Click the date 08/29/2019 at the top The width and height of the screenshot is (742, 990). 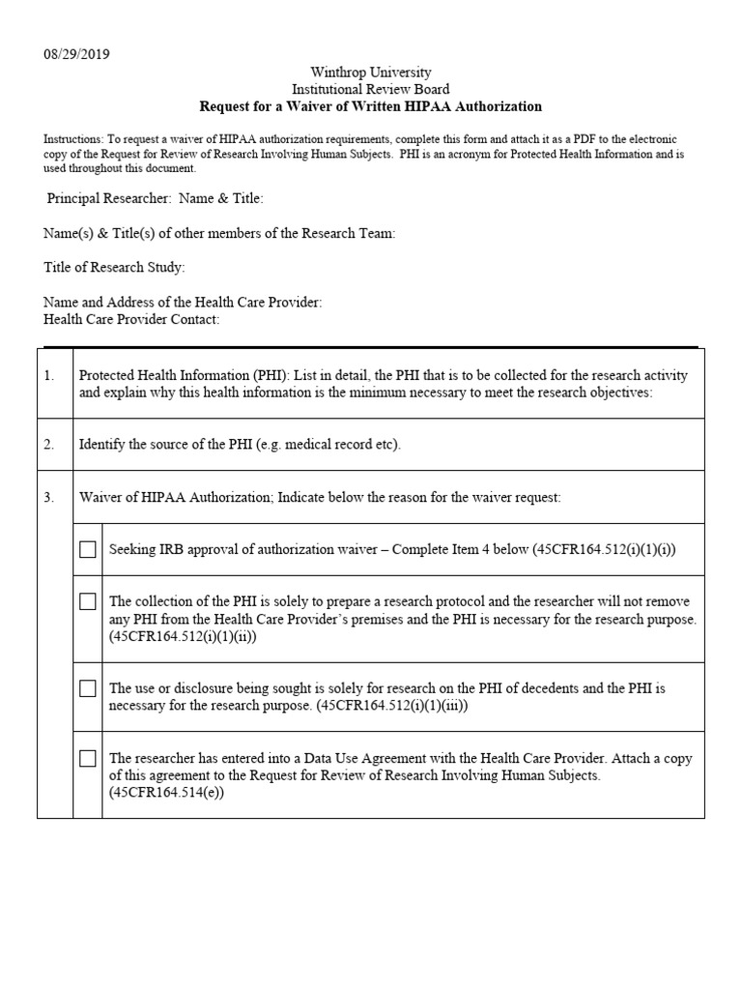[76, 54]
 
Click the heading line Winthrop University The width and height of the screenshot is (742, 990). [370, 73]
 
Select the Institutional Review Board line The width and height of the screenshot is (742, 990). [370, 89]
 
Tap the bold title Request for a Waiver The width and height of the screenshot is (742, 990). [370, 106]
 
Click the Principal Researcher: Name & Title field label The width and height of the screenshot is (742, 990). [155, 198]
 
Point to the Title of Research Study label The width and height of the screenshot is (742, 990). [114, 267]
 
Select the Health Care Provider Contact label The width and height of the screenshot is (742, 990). [131, 319]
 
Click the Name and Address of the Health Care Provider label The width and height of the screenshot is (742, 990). [183, 303]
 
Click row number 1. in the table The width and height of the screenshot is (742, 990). [49, 375]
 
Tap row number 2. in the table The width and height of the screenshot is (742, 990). [49, 445]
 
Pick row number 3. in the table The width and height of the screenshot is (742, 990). [49, 497]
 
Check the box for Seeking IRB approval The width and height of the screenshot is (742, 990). [88, 549]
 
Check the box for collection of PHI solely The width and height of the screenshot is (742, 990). [88, 601]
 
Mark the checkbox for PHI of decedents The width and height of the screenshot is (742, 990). [88, 688]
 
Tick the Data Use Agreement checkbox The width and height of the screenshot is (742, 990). [88, 758]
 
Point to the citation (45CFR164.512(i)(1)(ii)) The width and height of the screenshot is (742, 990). [184, 637]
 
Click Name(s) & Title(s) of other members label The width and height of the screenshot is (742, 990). [219, 233]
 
